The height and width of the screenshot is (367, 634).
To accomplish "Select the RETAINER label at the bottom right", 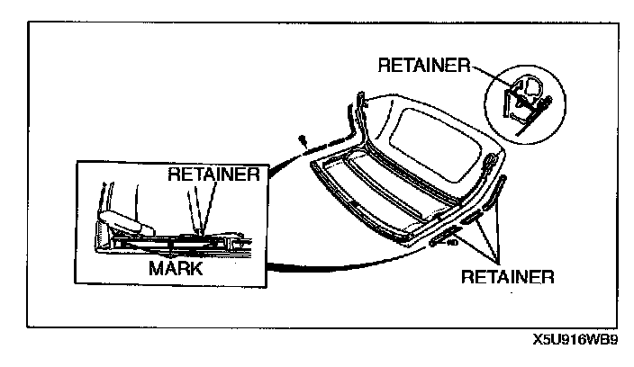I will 506,274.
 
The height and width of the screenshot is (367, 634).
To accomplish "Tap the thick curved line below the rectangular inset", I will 342,264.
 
